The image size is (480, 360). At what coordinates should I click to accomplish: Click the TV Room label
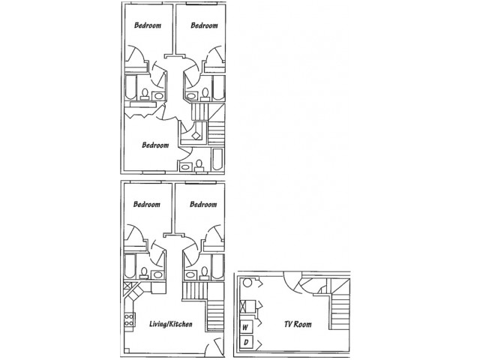(298, 324)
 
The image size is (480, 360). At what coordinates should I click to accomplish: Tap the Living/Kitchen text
(171, 324)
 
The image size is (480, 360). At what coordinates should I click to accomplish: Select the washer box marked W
(247, 327)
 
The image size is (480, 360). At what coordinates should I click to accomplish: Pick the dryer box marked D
(247, 343)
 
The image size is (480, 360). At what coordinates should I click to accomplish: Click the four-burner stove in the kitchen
(130, 319)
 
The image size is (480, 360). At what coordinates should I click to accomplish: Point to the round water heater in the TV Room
(247, 283)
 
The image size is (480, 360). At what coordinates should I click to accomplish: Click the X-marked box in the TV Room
(244, 306)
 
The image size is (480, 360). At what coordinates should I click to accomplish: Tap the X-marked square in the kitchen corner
(127, 286)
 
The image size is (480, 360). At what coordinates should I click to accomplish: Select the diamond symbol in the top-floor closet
(196, 135)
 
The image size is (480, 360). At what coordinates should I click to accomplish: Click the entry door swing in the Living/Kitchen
(214, 346)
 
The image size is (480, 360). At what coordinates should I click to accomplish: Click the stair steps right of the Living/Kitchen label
(215, 316)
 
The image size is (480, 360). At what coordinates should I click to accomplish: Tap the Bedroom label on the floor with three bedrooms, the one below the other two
(155, 145)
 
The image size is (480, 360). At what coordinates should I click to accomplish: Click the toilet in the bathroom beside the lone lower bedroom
(199, 165)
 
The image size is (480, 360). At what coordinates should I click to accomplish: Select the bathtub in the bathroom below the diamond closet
(217, 159)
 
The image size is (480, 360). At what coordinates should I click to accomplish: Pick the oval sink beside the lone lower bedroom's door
(185, 167)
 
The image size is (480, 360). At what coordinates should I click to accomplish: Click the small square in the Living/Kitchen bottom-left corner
(127, 350)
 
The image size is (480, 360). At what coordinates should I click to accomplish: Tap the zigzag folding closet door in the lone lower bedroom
(143, 113)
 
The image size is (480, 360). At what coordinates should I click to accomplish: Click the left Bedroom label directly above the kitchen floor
(147, 204)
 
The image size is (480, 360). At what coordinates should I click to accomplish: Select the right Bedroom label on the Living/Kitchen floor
(203, 204)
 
